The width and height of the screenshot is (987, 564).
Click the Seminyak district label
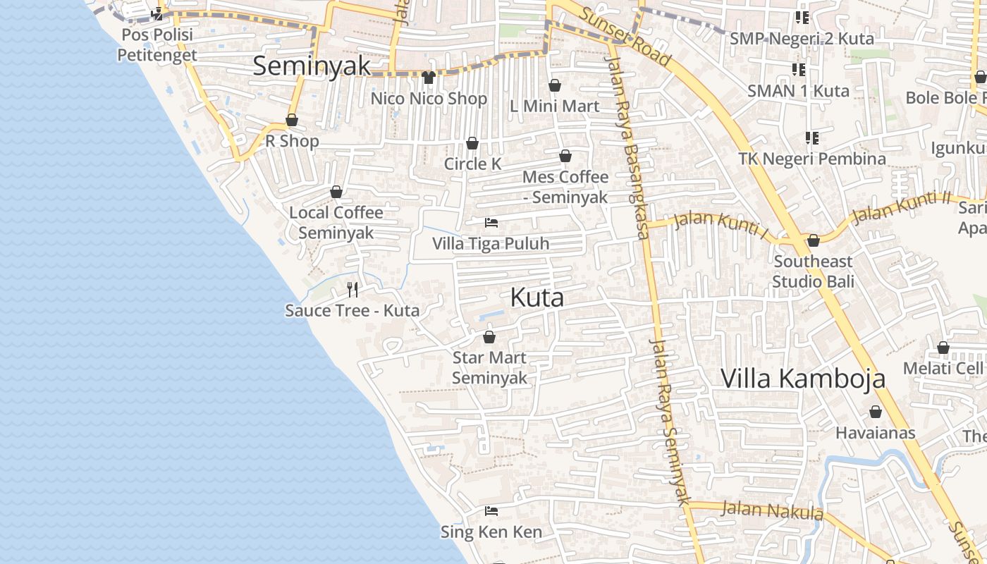click(311, 66)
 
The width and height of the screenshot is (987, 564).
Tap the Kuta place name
click(537, 298)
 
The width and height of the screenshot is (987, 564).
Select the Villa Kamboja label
click(802, 379)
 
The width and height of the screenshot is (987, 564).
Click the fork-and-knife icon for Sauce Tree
click(352, 289)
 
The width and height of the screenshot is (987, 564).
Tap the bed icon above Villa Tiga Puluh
click(491, 223)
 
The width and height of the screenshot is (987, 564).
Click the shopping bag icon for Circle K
click(472, 143)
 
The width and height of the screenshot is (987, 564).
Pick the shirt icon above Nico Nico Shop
click(428, 77)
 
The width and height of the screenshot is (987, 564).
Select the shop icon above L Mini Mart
click(555, 85)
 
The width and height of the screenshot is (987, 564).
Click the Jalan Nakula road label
click(773, 510)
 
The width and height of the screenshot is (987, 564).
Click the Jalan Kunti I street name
click(721, 223)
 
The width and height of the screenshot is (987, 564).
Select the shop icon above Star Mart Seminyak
click(489, 337)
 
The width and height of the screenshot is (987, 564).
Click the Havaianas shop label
click(875, 433)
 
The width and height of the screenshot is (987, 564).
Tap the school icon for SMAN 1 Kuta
click(799, 69)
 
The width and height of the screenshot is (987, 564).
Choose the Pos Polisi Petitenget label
click(157, 44)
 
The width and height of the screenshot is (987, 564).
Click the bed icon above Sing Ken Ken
click(491, 510)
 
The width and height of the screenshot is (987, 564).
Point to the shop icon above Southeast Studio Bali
click(813, 240)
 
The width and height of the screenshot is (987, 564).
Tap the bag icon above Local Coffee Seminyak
click(336, 192)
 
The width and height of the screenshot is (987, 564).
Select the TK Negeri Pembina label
click(812, 159)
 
